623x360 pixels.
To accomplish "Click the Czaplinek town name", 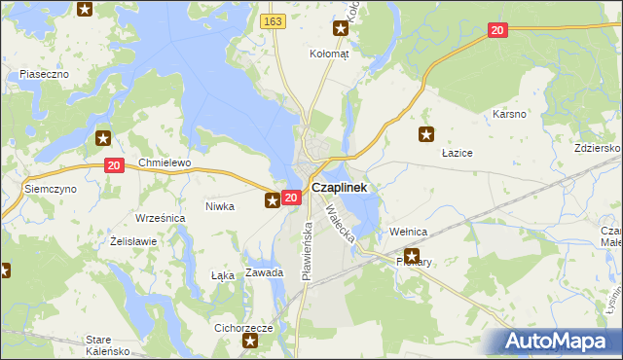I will coord(339,187).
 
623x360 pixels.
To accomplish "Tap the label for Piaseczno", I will coord(42,74).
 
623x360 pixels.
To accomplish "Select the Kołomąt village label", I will coord(329,54).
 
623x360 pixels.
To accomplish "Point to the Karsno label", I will coord(509,114).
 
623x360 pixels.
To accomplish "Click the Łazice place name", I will coord(457,153).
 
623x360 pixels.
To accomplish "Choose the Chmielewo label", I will coord(165,162).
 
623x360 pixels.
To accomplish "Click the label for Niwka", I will coord(220,206).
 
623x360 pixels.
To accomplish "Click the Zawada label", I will coord(264,272).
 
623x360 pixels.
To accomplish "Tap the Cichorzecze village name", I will coord(242,328).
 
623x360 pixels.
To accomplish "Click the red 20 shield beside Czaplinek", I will coord(290,198).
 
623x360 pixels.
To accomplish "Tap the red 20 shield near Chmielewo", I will coord(114,166).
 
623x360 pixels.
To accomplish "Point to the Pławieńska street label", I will coord(306,251).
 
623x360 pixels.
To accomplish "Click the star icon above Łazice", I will coord(425,134).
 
